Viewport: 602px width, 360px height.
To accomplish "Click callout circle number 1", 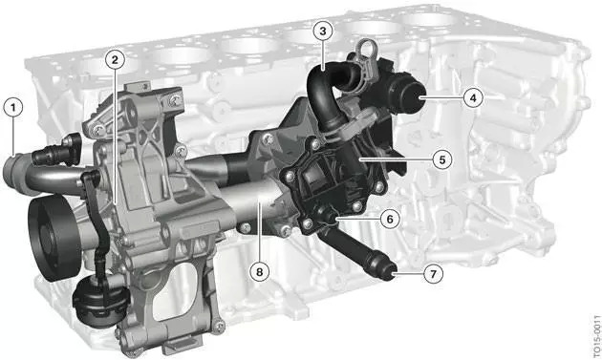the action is point(13,108).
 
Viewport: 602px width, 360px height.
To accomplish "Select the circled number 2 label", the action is point(115,59).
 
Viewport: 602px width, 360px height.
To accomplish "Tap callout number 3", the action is point(323,32).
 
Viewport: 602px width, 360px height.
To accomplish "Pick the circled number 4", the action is point(473,97).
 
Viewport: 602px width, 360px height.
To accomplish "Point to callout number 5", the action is point(442,159).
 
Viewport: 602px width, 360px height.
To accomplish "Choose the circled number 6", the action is point(390,219).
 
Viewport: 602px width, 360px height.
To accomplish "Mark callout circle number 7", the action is point(434,274).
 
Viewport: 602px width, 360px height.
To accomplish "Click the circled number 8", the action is point(260,272).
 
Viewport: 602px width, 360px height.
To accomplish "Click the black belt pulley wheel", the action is point(49,237).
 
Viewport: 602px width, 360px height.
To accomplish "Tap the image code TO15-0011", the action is point(597,336).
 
